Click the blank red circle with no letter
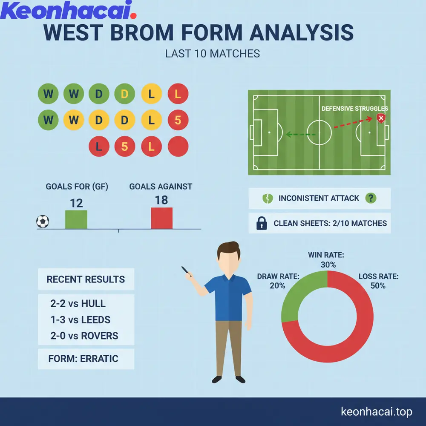tap(178, 147)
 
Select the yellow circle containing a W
tap(74, 120)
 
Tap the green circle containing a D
tap(99, 94)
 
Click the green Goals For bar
tap(76, 219)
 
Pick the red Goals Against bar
tap(162, 218)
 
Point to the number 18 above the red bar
tap(162, 200)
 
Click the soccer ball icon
tap(43, 222)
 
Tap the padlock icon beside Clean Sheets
tap(262, 223)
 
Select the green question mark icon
tap(371, 198)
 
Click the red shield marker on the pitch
tap(381, 118)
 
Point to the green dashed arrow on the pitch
tap(300, 134)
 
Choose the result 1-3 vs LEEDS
tap(81, 319)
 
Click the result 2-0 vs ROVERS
tap(84, 336)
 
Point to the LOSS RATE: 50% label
tap(378, 281)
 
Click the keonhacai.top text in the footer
tap(377, 412)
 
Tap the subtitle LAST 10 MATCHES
tap(213, 54)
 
